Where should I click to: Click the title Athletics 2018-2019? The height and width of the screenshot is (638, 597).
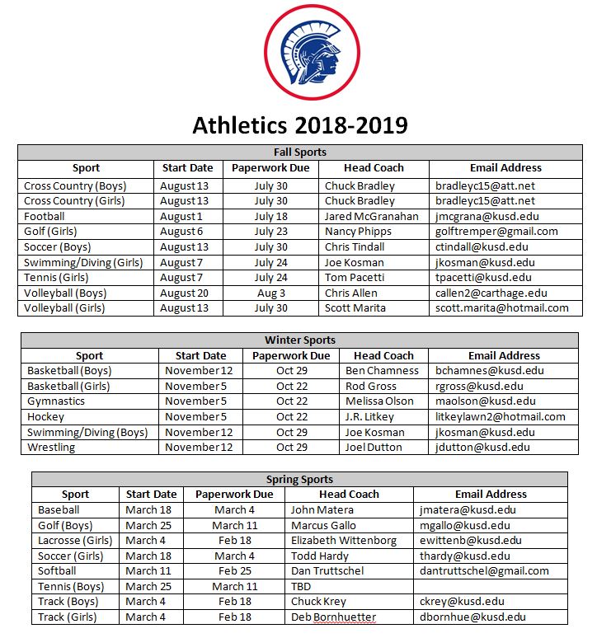pos(299,124)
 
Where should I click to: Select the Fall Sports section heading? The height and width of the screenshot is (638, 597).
pos(299,152)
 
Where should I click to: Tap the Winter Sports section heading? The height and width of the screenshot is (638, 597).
pos(299,340)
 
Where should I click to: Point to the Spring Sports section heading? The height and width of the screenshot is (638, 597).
pos(299,479)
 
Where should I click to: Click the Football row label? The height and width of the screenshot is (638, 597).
pos(45,216)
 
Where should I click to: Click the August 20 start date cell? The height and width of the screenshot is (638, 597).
pos(185,293)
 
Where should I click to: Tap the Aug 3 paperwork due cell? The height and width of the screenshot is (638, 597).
pos(270,293)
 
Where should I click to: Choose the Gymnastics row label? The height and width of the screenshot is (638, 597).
pos(56,401)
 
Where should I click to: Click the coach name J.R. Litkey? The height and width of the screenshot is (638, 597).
pos(369,417)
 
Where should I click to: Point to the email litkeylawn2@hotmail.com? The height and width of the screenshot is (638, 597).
pos(501,417)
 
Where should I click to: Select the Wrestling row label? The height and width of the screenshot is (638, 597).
pos(51,448)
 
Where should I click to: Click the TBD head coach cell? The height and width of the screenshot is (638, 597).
pos(301,587)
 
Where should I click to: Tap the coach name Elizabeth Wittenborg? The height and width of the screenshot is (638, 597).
pos(344,541)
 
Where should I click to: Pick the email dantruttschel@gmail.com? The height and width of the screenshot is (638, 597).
pos(484,571)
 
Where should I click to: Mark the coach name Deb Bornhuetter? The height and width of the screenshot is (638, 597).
pos(333,617)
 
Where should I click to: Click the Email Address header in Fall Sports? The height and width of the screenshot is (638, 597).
pos(505,167)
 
